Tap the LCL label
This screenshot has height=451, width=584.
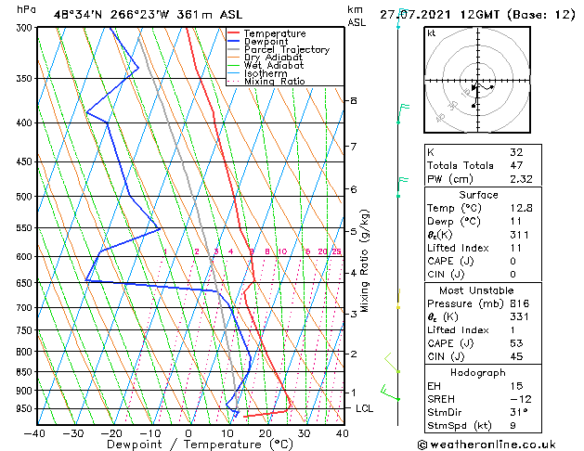click(366, 408)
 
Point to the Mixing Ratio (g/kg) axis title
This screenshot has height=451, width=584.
click(366, 261)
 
